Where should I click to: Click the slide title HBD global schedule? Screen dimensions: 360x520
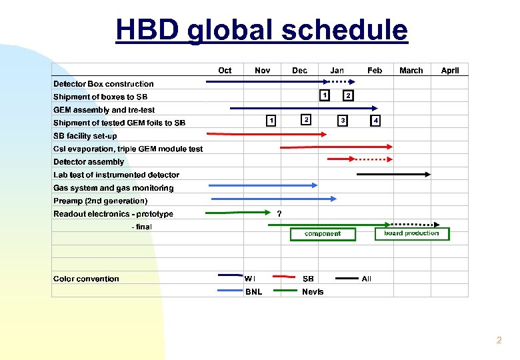click(x=261, y=30)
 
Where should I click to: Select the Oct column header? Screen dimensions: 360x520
click(x=225, y=71)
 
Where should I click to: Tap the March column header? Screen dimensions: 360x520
click(x=411, y=71)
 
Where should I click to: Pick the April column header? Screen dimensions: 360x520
click(x=450, y=71)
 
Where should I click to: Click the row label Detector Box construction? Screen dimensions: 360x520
click(x=103, y=84)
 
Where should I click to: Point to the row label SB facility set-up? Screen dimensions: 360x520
click(x=85, y=136)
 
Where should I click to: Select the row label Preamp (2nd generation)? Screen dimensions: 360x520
click(x=100, y=201)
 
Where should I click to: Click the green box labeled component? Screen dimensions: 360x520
click(x=323, y=234)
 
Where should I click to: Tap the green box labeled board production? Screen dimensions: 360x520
click(x=412, y=233)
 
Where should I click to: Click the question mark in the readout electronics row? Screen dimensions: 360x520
click(x=279, y=213)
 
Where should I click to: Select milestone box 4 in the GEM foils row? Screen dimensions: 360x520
click(x=375, y=121)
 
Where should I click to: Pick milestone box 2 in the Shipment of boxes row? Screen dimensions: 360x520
click(x=348, y=95)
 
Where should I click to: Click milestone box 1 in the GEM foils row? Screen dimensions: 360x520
click(x=271, y=121)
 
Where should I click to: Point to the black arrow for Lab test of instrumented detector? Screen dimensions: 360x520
click(x=393, y=174)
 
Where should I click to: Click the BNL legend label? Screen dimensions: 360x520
click(x=253, y=291)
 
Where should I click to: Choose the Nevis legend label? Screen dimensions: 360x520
click(x=313, y=291)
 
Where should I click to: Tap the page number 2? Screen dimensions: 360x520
click(x=499, y=341)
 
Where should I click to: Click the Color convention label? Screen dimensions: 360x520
click(x=86, y=279)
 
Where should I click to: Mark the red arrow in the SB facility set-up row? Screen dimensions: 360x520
click(x=266, y=135)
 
